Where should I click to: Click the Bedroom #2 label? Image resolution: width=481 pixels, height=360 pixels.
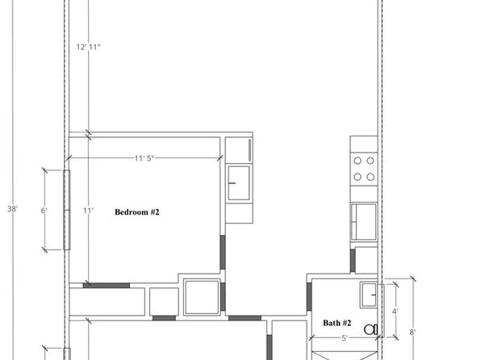(x=137, y=212)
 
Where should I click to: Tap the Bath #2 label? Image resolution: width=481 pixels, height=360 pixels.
(x=337, y=323)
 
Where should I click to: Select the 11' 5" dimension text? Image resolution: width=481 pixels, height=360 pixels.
(x=144, y=158)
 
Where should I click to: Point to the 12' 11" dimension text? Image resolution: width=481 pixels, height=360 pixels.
(x=88, y=47)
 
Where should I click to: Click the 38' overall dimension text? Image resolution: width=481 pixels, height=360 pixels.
(x=13, y=209)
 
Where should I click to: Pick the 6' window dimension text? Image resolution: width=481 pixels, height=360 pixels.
(x=44, y=211)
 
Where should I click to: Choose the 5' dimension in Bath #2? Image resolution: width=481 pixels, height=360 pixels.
(x=345, y=338)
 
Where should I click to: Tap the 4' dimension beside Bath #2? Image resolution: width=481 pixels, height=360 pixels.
(x=395, y=312)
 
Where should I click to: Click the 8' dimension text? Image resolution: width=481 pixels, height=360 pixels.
(x=412, y=332)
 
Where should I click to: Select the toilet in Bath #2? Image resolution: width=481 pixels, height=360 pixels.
(x=371, y=329)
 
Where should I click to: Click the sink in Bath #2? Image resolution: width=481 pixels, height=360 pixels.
(x=369, y=295)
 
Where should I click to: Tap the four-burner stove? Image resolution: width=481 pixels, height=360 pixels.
(x=364, y=169)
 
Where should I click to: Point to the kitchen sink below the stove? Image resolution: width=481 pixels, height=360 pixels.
(x=364, y=222)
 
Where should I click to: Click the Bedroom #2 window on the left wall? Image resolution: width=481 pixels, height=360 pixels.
(x=66, y=210)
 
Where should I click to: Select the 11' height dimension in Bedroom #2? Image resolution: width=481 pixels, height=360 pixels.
(x=88, y=211)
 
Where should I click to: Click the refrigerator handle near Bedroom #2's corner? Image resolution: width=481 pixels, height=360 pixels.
(x=249, y=150)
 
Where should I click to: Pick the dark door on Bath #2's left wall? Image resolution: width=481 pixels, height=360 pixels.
(x=309, y=297)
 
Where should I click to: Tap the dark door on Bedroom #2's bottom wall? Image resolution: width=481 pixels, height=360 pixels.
(x=107, y=286)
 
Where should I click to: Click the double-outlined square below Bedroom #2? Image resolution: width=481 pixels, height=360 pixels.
(x=202, y=297)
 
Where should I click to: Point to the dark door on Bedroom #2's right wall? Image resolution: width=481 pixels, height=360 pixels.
(x=223, y=253)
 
